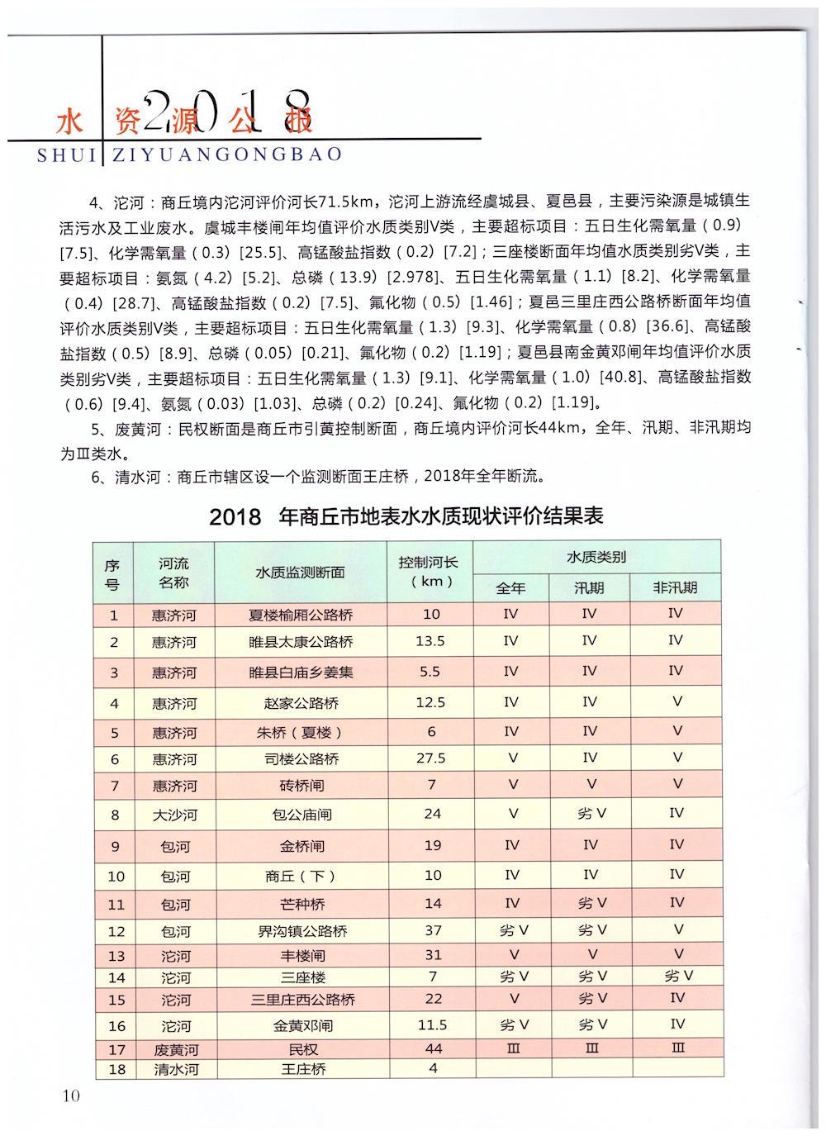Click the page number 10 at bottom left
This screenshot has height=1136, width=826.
point(69,1096)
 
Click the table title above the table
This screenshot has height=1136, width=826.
point(406,516)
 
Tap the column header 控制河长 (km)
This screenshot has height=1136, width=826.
point(431,571)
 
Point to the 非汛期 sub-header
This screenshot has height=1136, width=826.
point(675,587)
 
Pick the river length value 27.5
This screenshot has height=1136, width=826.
point(431,758)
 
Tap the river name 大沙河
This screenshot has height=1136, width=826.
point(174,815)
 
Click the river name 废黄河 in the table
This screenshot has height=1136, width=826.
point(174,1050)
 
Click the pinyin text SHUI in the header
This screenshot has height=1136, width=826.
point(67,154)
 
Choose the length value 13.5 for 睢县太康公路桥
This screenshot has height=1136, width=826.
point(431,641)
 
